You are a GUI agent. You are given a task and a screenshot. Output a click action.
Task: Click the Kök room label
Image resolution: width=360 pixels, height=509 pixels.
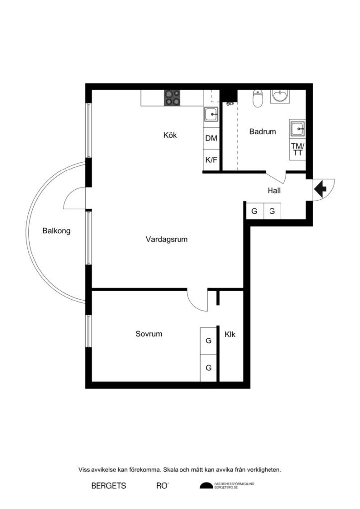[x=170, y=135]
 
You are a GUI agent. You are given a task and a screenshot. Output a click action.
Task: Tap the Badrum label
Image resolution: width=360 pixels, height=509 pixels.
[x=263, y=132]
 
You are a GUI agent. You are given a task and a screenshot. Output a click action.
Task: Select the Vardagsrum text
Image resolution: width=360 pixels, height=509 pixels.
[x=167, y=239]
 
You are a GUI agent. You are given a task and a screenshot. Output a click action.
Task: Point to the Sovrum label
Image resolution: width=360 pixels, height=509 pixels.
[x=149, y=334]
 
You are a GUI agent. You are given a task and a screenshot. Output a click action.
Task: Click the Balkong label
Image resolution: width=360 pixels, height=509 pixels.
[x=56, y=231]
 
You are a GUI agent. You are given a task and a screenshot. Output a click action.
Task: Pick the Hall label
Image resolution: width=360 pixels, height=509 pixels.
[x=274, y=190]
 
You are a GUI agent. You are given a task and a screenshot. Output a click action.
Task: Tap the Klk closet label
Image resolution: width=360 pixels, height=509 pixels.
[x=230, y=335]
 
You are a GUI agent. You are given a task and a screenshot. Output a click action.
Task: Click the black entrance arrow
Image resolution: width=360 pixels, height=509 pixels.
[x=319, y=188]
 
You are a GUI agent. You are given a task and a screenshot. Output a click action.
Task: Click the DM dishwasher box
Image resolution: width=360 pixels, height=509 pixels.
[x=211, y=139]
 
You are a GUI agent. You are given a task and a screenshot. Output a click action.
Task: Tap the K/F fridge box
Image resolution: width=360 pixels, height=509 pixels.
[x=211, y=160]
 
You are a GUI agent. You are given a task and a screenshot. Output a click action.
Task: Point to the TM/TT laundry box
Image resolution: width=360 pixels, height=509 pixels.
[x=298, y=150]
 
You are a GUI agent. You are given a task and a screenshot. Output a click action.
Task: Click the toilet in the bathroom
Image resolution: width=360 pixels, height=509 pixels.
[x=258, y=98]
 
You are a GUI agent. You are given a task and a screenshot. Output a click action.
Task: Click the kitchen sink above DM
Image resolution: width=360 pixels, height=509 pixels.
[x=211, y=115]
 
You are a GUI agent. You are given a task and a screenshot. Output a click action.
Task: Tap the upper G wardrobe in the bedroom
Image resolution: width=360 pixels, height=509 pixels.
[x=209, y=341]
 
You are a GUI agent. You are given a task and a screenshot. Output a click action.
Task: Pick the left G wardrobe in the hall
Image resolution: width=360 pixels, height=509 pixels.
[x=254, y=211]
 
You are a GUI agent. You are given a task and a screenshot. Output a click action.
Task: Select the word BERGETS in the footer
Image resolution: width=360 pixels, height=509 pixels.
[x=109, y=486]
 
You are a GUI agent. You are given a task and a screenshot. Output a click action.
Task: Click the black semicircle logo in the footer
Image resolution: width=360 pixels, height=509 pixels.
[x=206, y=486]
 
